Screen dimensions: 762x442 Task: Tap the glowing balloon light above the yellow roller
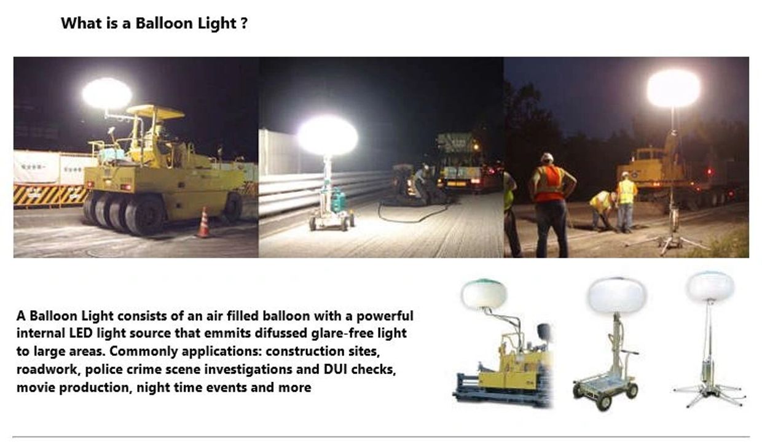coord(107,93)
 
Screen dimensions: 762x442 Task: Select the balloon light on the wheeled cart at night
coord(328,136)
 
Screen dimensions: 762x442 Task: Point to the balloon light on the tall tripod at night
coord(674,88)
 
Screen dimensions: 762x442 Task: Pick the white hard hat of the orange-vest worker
coord(547,157)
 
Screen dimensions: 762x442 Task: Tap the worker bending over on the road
coord(602,209)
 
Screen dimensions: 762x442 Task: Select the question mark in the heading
coord(244,23)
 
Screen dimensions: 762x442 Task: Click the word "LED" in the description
coord(81,333)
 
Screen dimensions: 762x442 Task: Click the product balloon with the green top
coord(484,294)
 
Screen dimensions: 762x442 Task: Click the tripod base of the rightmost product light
coord(709,394)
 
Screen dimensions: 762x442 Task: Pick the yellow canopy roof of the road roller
coord(155,111)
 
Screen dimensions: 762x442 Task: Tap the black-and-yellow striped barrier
coord(50,195)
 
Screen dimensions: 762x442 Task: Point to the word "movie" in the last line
coord(36,387)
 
